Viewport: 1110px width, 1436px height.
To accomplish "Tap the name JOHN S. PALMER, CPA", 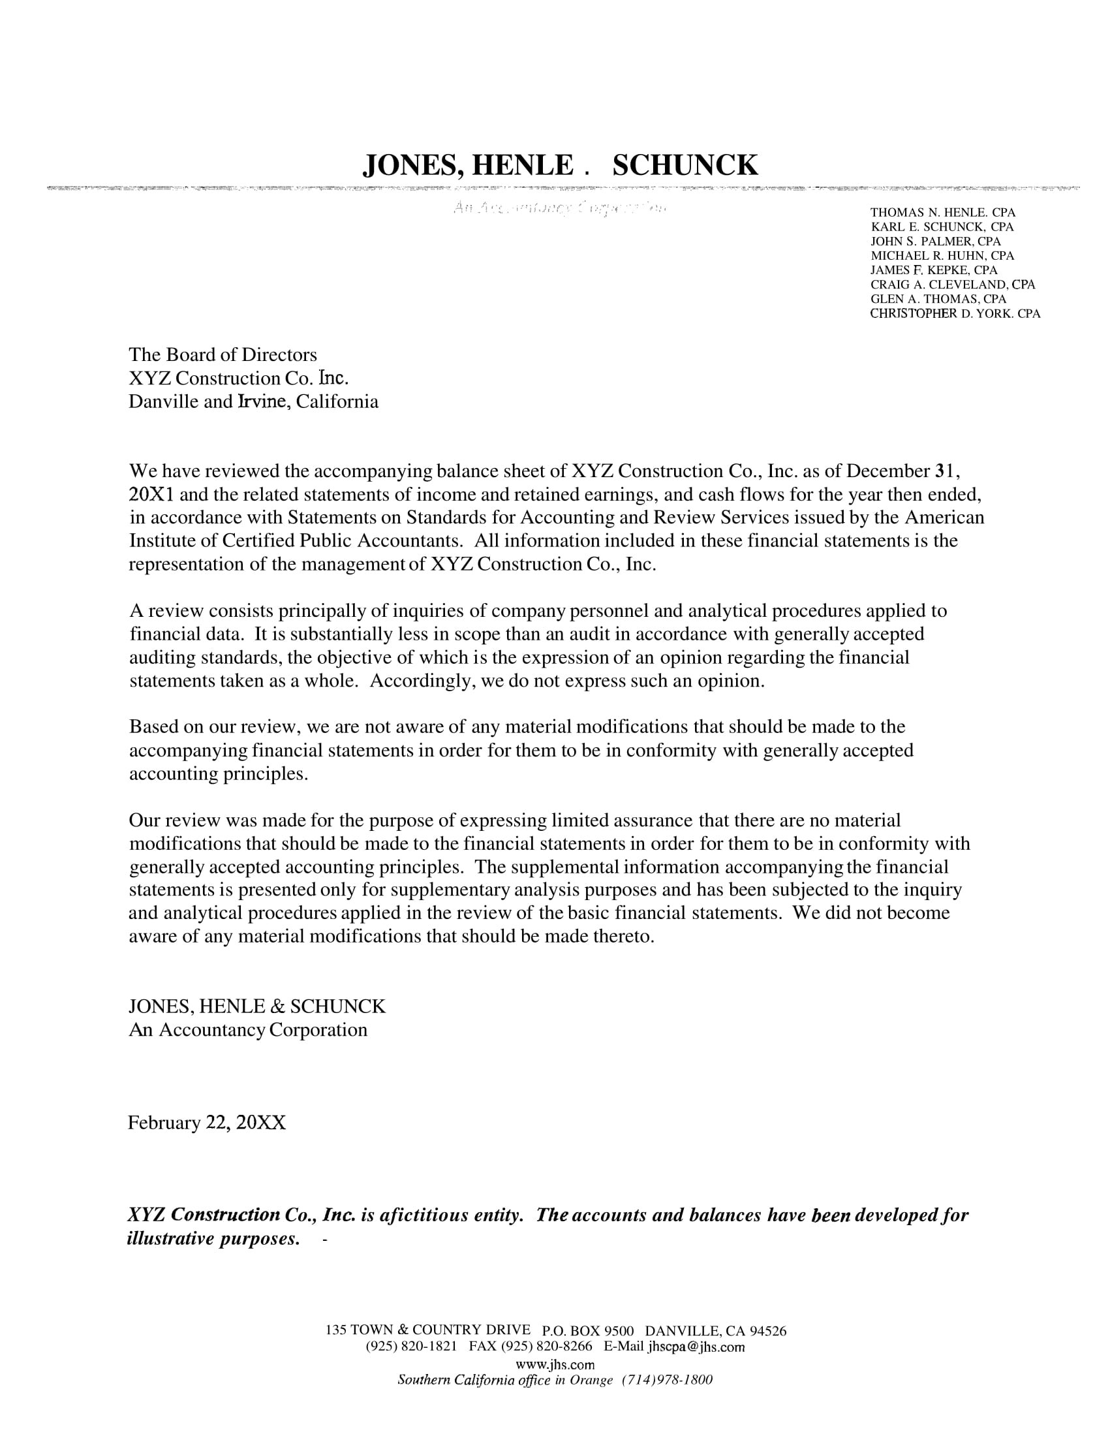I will tap(935, 242).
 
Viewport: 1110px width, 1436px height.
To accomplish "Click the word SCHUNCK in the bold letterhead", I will tap(685, 165).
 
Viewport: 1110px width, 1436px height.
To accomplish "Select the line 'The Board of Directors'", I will tap(223, 355).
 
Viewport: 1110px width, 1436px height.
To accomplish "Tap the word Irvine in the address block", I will tap(263, 401).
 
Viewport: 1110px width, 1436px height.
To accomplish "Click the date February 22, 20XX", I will tap(206, 1123).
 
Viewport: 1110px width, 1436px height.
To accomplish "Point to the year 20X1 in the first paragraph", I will tap(152, 494).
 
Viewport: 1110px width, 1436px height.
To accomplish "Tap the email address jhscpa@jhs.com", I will tap(696, 1347).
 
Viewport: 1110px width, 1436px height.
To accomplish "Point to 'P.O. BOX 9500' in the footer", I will tap(587, 1332).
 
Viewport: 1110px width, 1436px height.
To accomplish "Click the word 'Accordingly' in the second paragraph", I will tap(422, 681).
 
